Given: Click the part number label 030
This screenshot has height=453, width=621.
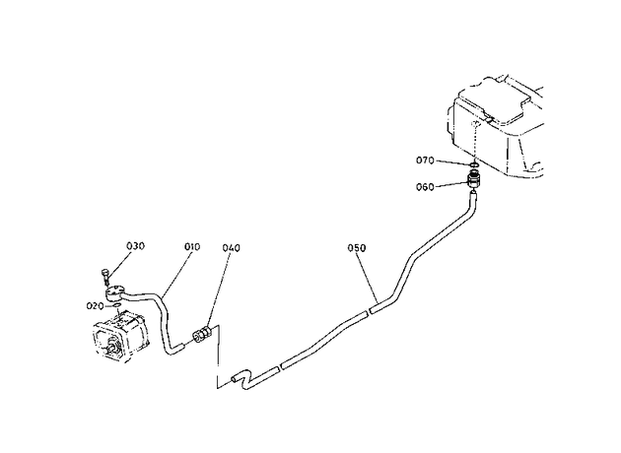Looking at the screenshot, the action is point(135,245).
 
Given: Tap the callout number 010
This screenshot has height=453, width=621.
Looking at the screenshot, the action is point(192,247).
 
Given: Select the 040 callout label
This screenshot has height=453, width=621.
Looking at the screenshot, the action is point(231,248).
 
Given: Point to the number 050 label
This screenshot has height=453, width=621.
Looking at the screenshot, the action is point(357,248).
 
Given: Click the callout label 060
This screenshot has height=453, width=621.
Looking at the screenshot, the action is point(425,187).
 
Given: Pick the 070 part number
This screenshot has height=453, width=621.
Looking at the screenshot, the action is point(425,161).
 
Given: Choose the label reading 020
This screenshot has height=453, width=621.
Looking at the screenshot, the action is point(95,306).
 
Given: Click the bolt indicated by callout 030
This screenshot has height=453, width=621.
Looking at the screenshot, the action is point(104,276).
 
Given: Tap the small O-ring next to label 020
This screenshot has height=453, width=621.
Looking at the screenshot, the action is point(116,306).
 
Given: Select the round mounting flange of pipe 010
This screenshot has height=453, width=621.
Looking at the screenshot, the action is point(114,292).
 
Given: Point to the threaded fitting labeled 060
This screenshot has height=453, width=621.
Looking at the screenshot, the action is point(474,179).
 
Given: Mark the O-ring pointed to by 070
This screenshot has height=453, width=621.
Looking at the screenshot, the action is point(474,164).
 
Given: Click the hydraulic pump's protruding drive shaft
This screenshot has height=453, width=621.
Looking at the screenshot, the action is point(110,350).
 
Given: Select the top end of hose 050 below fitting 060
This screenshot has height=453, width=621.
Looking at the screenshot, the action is point(473,193).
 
